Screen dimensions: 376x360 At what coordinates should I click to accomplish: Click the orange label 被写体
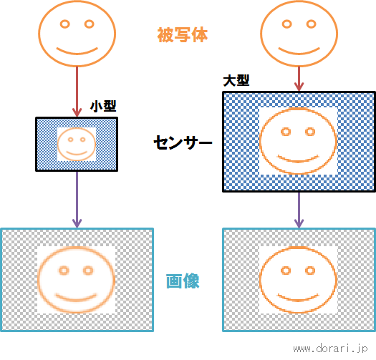(x=182, y=35)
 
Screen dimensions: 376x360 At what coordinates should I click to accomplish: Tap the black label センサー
(x=183, y=142)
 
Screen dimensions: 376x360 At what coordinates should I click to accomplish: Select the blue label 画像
(x=183, y=281)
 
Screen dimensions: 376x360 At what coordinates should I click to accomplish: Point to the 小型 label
(x=103, y=106)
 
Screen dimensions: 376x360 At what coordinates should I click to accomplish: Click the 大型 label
(x=236, y=80)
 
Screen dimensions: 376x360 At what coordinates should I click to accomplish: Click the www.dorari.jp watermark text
(x=330, y=349)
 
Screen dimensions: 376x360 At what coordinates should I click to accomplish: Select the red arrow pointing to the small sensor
(x=77, y=92)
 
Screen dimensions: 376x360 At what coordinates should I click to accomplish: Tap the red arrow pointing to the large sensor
(x=299, y=79)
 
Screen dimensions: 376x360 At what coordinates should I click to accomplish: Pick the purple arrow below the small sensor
(x=77, y=200)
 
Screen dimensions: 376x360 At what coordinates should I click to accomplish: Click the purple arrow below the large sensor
(x=299, y=210)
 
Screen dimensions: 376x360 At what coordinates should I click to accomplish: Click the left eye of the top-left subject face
(x=64, y=24)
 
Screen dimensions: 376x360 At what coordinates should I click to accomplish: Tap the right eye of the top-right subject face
(x=312, y=24)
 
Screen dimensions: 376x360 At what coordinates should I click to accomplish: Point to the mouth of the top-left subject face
(x=77, y=52)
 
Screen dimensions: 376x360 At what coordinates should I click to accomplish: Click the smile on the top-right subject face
(x=299, y=52)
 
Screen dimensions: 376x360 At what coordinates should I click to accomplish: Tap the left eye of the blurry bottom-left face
(x=64, y=271)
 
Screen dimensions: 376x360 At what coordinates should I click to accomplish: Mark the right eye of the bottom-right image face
(x=310, y=271)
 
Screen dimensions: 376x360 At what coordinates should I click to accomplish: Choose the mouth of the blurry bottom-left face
(x=76, y=298)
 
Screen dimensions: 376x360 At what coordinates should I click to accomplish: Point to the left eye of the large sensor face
(x=286, y=132)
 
